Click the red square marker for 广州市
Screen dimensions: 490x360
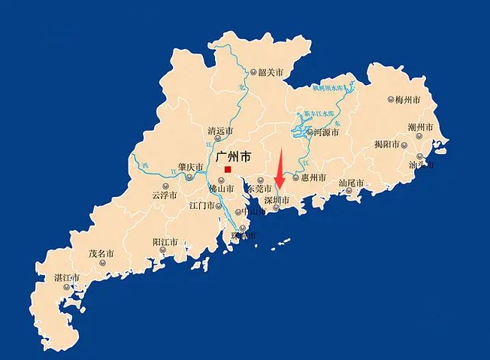228,169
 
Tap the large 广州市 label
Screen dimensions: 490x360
231,157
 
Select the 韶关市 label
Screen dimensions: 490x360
271,73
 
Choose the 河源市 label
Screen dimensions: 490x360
326,132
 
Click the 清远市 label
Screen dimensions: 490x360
220,131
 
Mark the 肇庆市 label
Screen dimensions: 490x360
191,167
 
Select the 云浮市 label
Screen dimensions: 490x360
165,195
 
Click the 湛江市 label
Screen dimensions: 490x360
67,278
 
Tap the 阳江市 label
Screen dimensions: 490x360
165,243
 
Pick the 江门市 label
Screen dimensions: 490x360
203,204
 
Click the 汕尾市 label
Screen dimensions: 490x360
351,183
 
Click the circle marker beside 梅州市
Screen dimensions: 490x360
391,99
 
